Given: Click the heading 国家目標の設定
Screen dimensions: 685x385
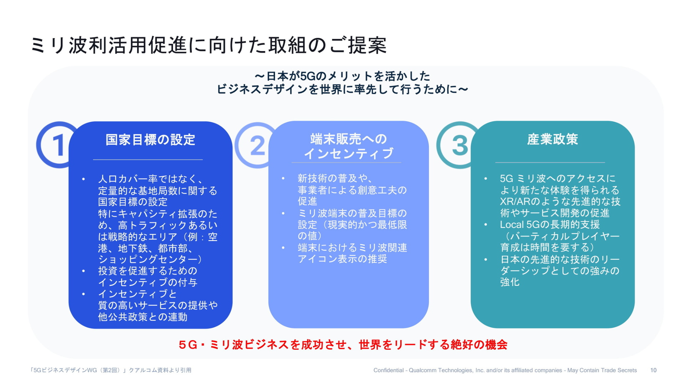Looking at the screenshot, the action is pos(150,140).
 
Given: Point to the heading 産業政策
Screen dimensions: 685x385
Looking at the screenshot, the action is pos(552,139).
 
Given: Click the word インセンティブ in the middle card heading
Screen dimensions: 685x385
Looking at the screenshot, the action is pos(348,153).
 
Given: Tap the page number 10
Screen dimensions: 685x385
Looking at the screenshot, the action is pos(653,370).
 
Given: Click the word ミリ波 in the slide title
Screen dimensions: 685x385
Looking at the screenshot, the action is pos(58,45).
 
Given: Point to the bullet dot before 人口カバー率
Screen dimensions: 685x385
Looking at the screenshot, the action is pos(83,179).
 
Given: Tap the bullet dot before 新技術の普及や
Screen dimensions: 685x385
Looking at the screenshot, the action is pos(283,178).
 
